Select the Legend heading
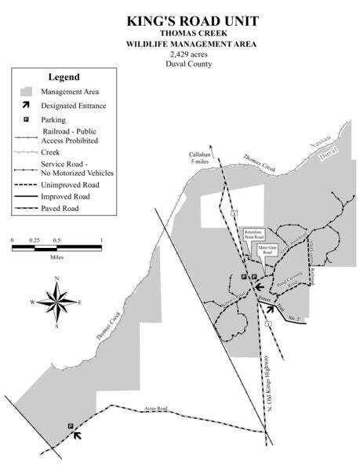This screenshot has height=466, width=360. coord(64,77)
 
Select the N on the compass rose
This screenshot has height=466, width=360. coord(56,279)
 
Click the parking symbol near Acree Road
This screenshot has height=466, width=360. coord(71,427)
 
